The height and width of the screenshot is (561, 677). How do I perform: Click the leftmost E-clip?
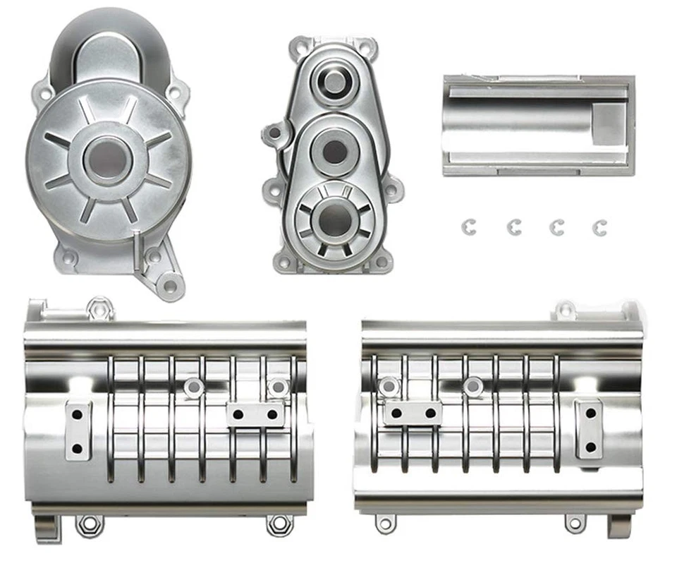(x=470, y=227)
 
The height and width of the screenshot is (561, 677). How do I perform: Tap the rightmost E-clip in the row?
(x=600, y=227)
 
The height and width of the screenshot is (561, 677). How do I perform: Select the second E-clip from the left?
(x=514, y=227)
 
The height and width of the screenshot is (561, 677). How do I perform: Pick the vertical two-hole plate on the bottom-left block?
(x=78, y=429)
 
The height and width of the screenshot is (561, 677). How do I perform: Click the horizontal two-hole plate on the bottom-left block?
(x=255, y=414)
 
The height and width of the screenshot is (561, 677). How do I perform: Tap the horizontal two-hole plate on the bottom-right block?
(x=413, y=413)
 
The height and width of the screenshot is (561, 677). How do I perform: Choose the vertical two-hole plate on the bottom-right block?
(x=590, y=429)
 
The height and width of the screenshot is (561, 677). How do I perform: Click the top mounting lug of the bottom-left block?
(x=99, y=308)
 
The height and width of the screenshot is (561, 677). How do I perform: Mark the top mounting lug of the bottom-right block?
(x=566, y=309)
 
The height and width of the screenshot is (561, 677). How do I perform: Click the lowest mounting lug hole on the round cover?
(x=170, y=285)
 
